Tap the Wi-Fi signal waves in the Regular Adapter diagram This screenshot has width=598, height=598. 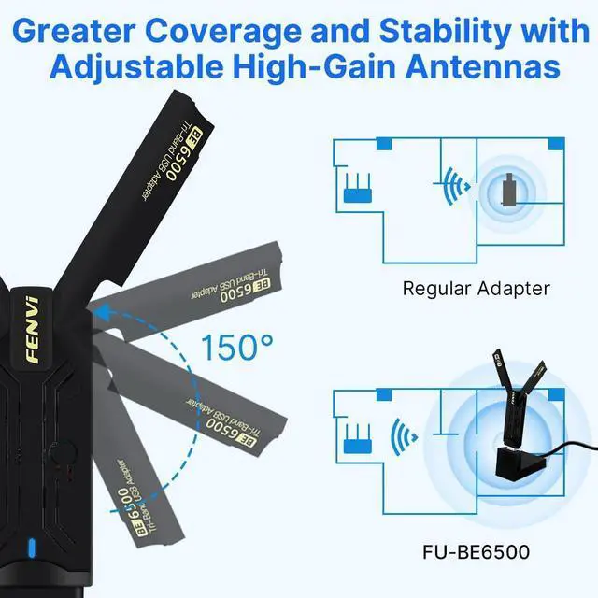(456, 185)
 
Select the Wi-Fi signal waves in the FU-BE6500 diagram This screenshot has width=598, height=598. (405, 434)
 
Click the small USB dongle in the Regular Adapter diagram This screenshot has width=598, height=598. (508, 192)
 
